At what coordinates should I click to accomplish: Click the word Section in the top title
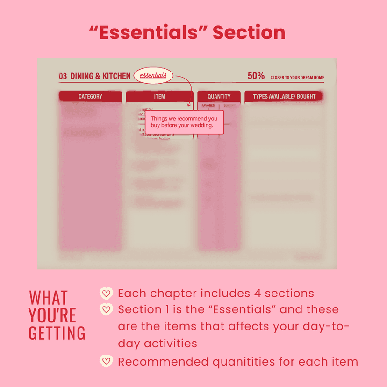pos(249,33)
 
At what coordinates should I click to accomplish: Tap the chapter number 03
pos(63,76)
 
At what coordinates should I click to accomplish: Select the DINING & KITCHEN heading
pos(100,76)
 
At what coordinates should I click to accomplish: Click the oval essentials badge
pos(153,76)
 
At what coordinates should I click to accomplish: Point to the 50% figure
pos(256,76)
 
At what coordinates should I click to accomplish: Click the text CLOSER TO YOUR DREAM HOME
pos(297,78)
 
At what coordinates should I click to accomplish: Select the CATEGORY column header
pos(90,97)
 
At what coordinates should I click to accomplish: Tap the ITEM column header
pos(159,97)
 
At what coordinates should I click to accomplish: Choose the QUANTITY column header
pos(219,97)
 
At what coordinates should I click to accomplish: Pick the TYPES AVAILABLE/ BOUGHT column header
pos(284,97)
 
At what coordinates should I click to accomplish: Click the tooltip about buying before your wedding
pos(184,122)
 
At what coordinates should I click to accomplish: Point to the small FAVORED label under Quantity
pos(208,106)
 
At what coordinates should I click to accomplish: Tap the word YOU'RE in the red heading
pos(52,316)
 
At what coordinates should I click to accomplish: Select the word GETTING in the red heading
pos(57,333)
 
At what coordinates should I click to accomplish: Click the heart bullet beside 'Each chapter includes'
pos(107,294)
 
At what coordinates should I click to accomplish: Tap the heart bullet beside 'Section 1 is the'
pos(107,309)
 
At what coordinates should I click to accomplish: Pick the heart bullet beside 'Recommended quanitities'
pos(107,361)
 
